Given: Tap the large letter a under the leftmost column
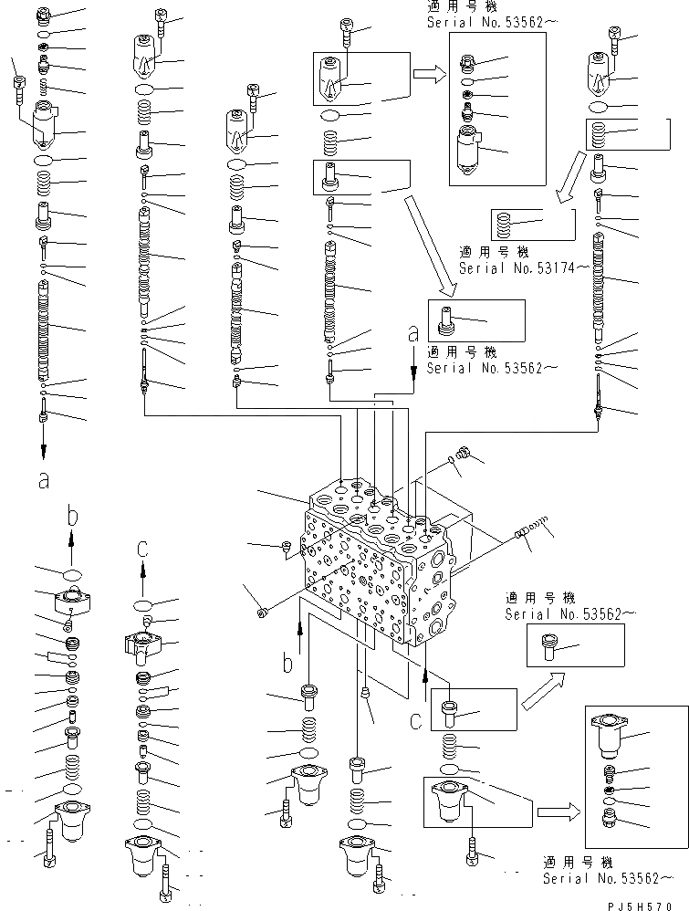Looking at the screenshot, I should [x=43, y=480].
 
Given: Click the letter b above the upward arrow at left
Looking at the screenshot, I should [x=73, y=518].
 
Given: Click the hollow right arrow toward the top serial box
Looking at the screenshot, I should [x=426, y=75].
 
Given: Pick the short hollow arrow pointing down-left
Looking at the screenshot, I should [x=570, y=182].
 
